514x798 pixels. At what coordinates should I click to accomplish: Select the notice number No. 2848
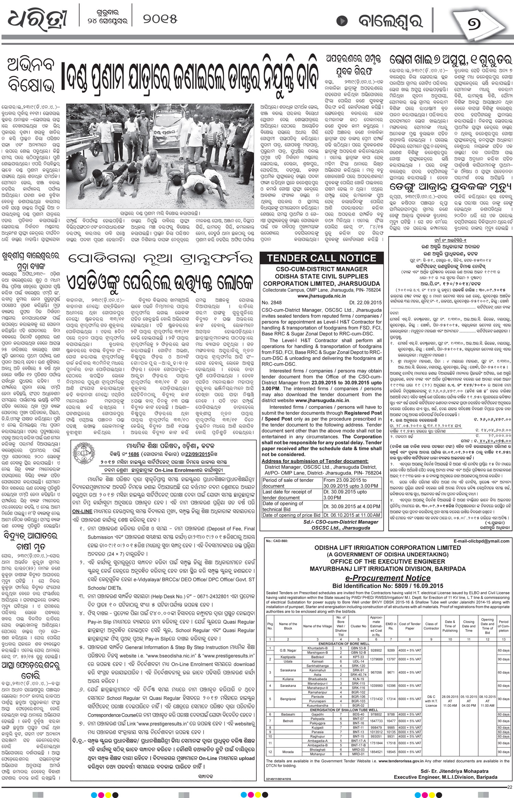(272, 303)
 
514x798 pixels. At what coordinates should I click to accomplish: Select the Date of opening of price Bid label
(291, 515)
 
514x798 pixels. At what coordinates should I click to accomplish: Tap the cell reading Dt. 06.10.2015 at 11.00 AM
(352, 515)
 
